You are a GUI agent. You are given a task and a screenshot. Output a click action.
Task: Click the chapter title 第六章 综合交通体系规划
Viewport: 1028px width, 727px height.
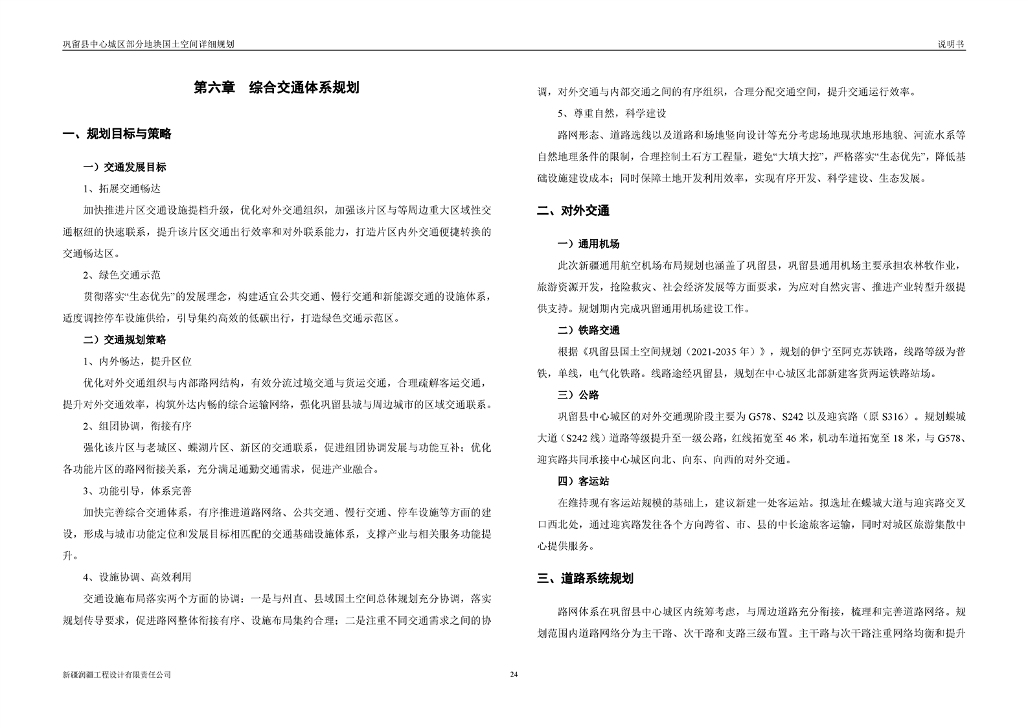[x=277, y=87]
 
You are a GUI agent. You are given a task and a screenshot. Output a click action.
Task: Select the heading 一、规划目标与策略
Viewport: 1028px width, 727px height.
[x=117, y=134]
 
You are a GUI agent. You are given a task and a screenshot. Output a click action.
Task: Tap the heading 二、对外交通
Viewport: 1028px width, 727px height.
[x=573, y=211]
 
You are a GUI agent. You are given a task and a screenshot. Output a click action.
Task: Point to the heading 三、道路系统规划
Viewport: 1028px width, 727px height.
[x=585, y=578]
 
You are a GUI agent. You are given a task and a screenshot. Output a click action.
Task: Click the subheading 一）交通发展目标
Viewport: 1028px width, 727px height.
[x=125, y=167]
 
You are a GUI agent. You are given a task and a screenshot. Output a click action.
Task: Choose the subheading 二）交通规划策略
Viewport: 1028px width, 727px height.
[x=125, y=340]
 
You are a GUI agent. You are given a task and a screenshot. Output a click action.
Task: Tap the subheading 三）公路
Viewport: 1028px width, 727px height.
[x=578, y=395]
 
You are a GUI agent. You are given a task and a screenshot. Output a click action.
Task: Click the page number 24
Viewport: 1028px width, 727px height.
[x=514, y=675]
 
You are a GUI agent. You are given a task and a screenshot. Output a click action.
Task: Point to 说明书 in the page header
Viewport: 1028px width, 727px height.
[x=951, y=44]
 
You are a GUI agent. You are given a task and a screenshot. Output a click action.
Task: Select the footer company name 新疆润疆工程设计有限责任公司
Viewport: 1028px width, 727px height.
[x=117, y=675]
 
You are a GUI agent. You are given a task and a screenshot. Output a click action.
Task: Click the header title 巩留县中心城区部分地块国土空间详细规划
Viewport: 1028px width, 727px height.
[x=148, y=44]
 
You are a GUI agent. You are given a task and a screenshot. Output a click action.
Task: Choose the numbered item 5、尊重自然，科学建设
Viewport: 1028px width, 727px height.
[x=612, y=113]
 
